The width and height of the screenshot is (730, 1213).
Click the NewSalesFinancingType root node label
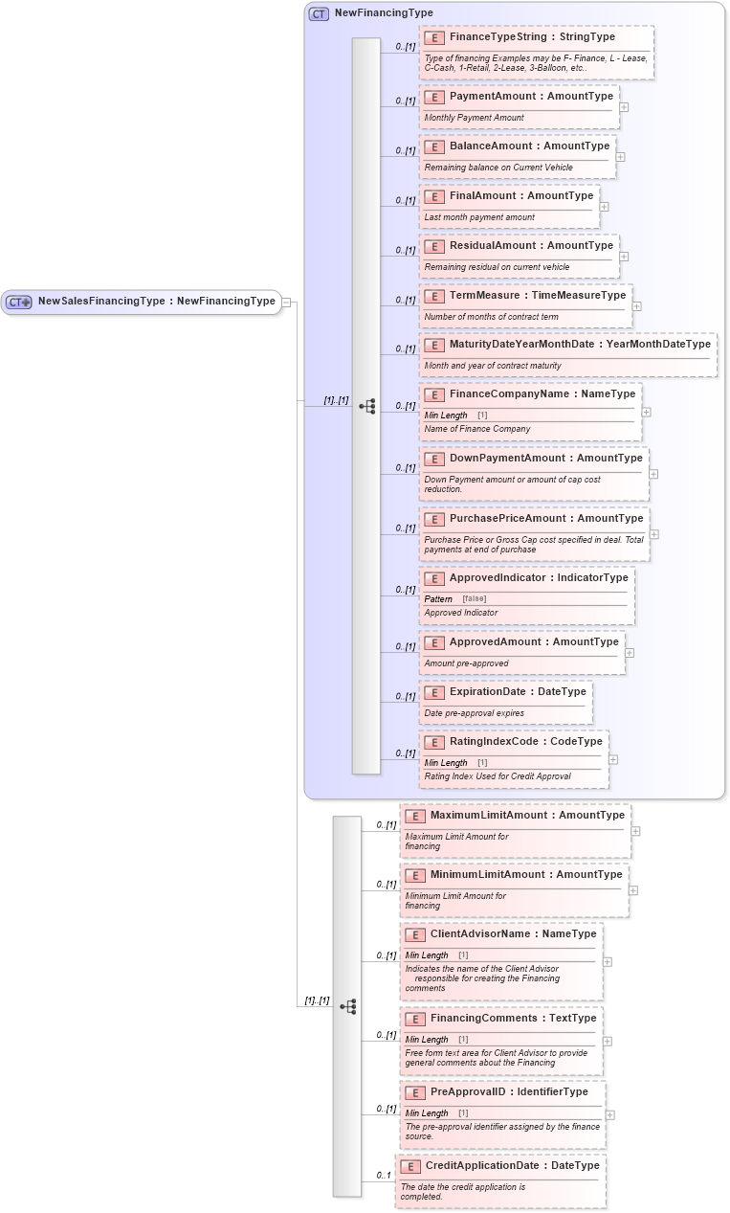(x=156, y=302)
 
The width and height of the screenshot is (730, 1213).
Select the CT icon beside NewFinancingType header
(x=319, y=13)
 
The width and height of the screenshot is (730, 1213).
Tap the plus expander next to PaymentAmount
(x=624, y=107)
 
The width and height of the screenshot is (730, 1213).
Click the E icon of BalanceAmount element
(x=434, y=146)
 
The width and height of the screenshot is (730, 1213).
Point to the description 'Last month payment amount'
(x=479, y=217)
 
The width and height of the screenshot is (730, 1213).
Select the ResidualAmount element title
(x=531, y=246)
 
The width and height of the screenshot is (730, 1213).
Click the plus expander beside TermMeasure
(x=637, y=306)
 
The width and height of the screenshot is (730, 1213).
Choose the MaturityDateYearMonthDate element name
(x=580, y=345)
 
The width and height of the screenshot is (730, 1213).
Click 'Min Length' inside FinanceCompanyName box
(x=446, y=416)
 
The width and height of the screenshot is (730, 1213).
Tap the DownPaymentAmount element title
(x=545, y=459)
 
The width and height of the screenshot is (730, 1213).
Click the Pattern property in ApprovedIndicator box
(x=438, y=599)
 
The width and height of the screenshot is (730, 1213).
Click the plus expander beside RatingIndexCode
(x=613, y=759)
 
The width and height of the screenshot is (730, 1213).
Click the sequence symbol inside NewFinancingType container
(x=367, y=406)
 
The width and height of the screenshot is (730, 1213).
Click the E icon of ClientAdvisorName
(x=415, y=934)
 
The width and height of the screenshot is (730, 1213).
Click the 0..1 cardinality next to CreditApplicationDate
(x=384, y=1176)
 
